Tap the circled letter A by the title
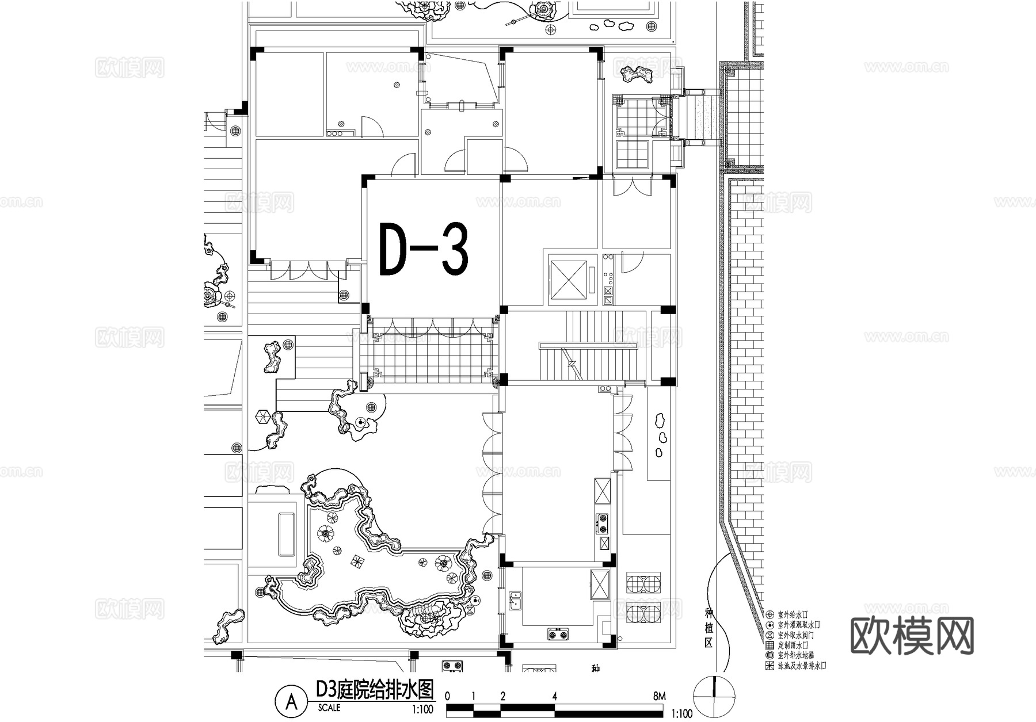pyautogui.click(x=292, y=701)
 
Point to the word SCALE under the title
pyautogui.click(x=329, y=708)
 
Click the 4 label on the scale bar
pyautogui.click(x=555, y=696)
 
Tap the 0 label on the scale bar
pyautogui.click(x=447, y=696)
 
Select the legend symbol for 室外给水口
pyautogui.click(x=770, y=614)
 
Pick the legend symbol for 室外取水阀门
pyautogui.click(x=770, y=635)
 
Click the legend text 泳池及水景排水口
pyautogui.click(x=802, y=666)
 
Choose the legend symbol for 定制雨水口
pyautogui.click(x=770, y=645)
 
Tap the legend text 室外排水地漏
pyautogui.click(x=795, y=655)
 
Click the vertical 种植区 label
pyautogui.click(x=709, y=627)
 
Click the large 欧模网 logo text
pyautogui.click(x=912, y=636)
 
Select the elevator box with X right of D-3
pyautogui.click(x=568, y=279)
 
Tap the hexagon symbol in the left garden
pyautogui.click(x=263, y=417)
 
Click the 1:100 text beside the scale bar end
pyautogui.click(x=682, y=714)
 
